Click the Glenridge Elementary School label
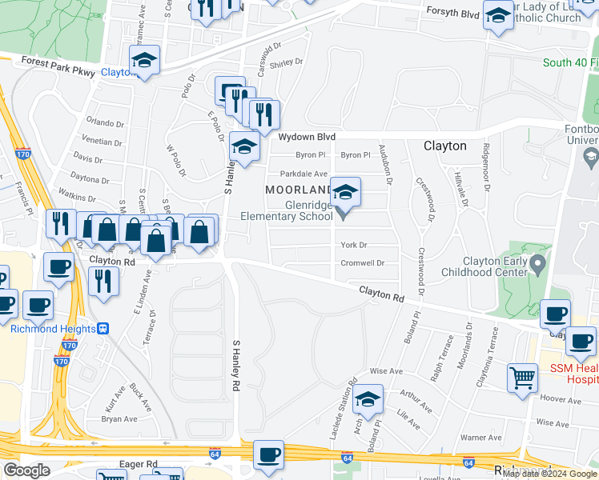287,210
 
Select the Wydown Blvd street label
307,137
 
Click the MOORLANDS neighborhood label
299,190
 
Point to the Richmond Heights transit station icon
103,328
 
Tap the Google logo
26,470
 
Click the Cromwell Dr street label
363,262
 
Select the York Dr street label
353,245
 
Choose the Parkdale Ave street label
304,174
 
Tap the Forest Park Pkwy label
59,66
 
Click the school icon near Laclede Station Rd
368,398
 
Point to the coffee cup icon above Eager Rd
269,454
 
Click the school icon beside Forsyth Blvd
498,17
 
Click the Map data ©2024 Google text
550,474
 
